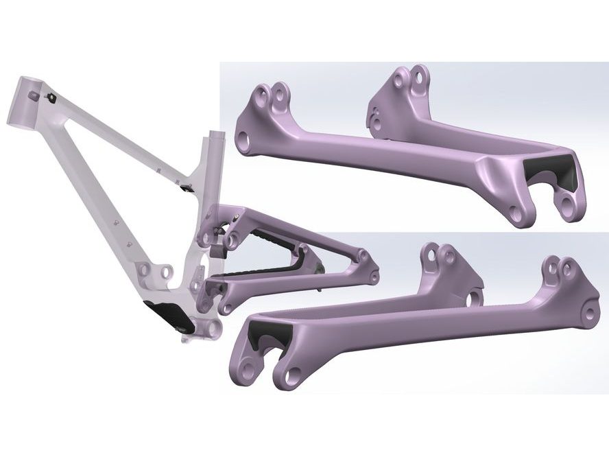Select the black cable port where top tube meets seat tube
(186, 187)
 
